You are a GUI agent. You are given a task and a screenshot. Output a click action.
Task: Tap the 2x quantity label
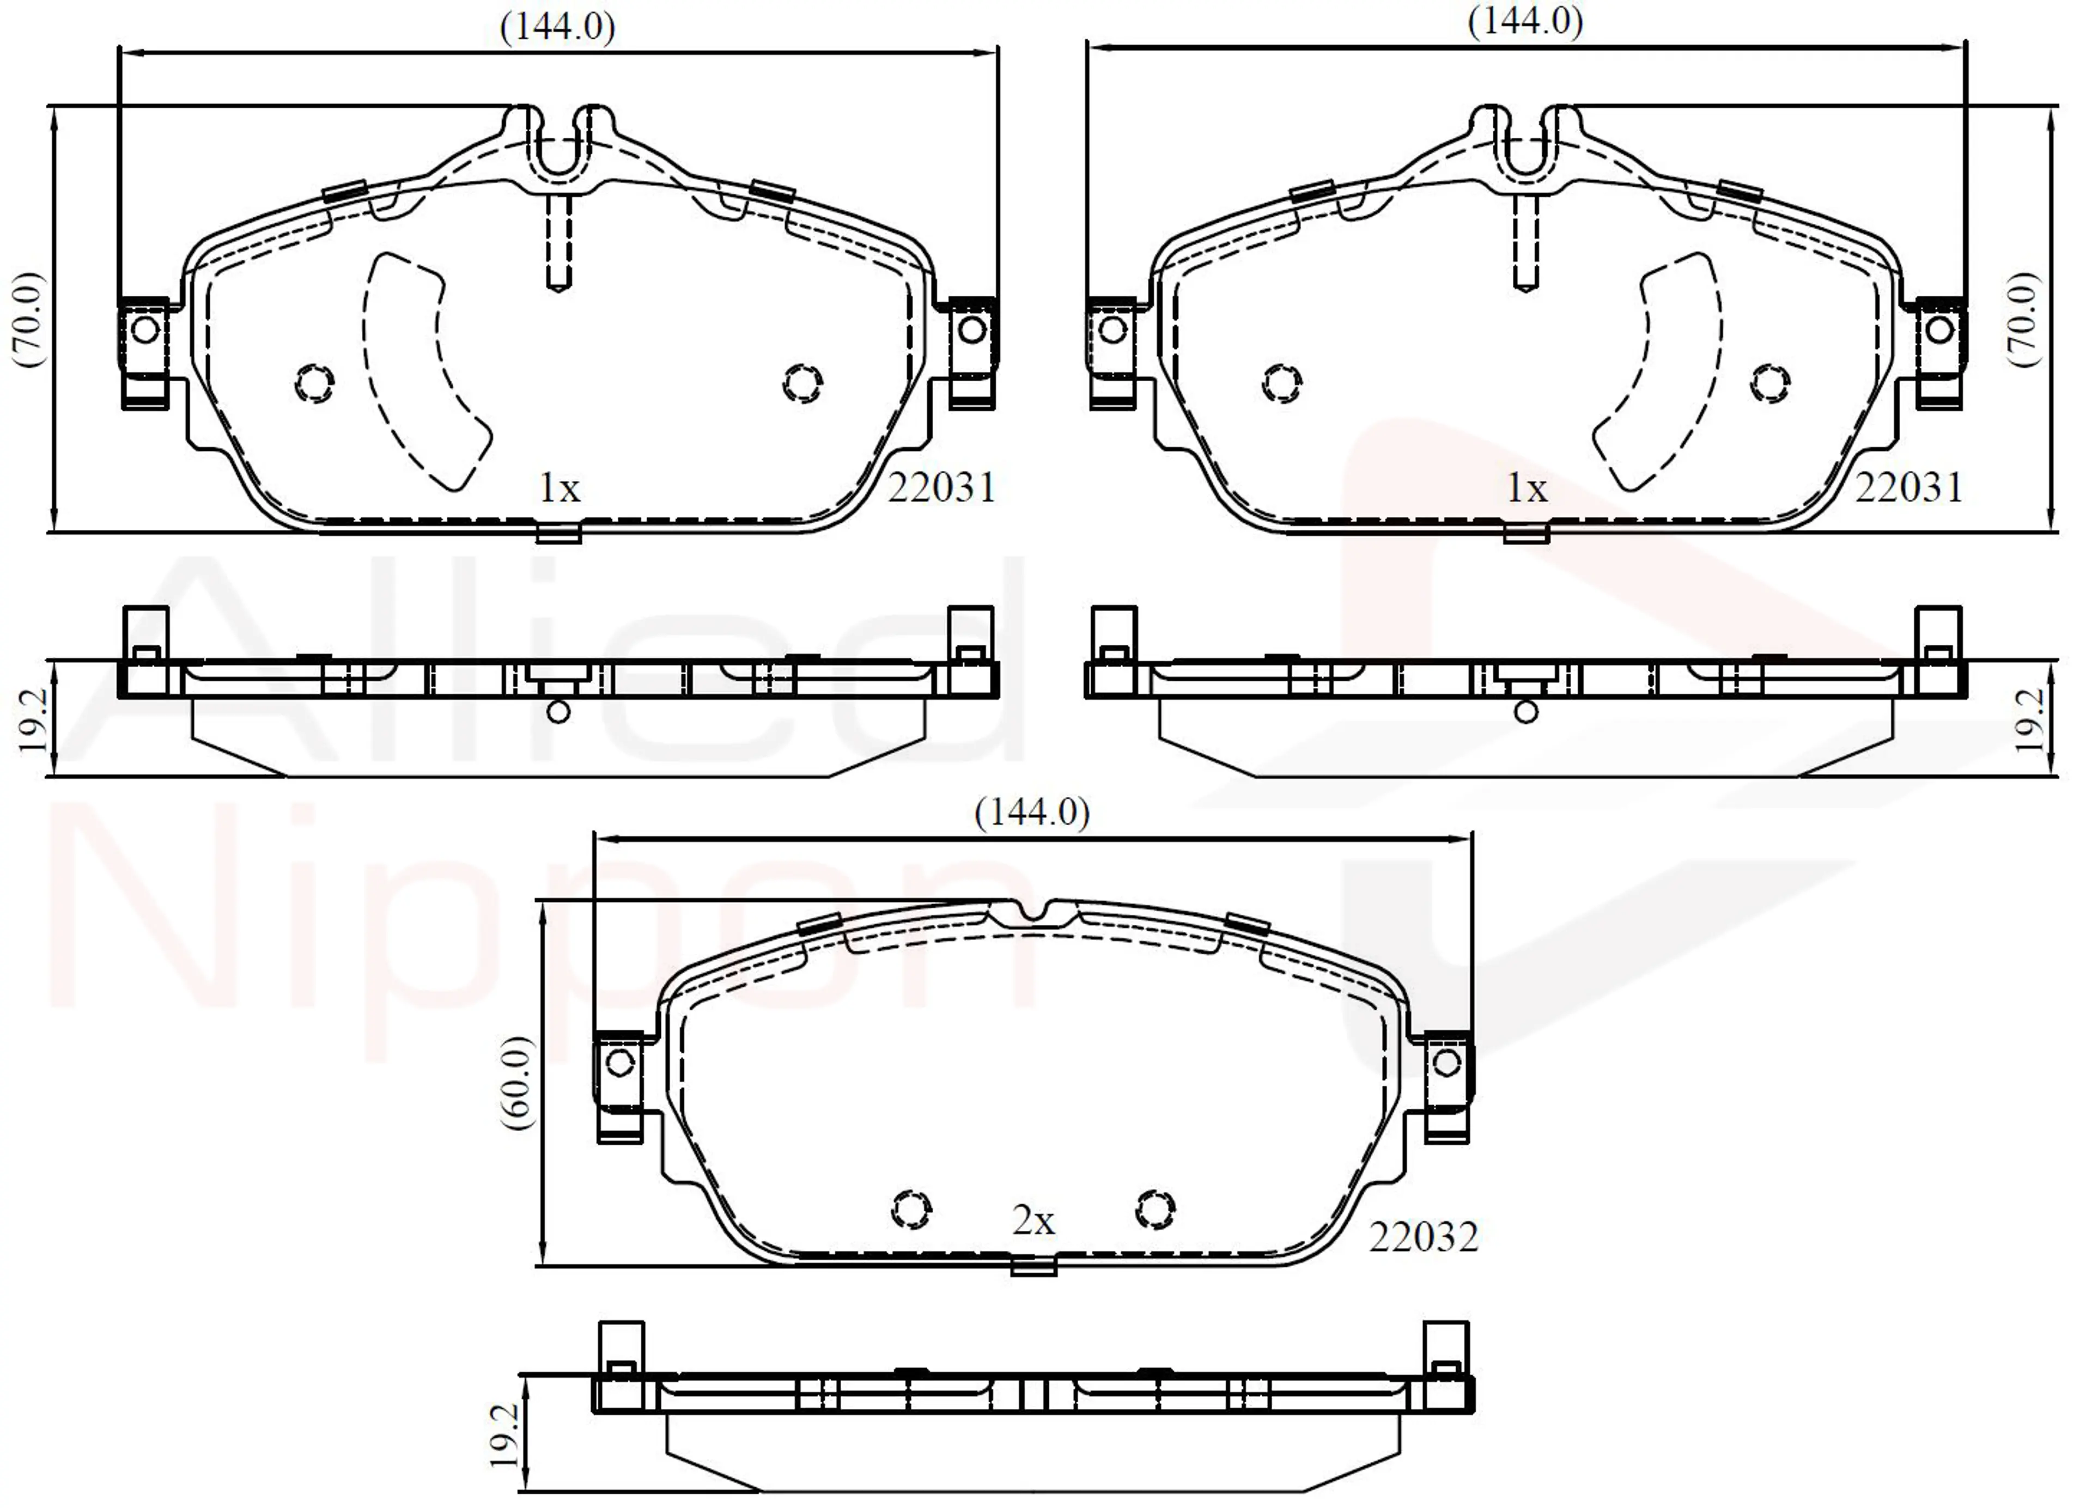(x=1033, y=1221)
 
